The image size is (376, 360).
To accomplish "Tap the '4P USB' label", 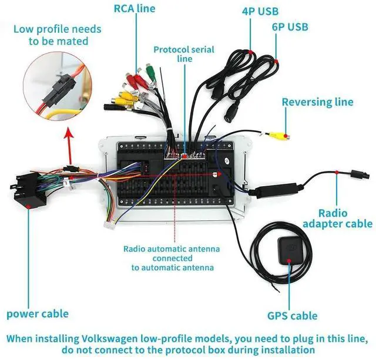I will pos(260,11).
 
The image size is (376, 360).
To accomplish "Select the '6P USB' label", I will pos(290,27).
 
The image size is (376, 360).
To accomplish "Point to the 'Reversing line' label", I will pos(317,102).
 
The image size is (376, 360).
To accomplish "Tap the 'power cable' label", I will pos(38,314).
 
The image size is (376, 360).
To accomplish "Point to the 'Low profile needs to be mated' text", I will pos(57,35).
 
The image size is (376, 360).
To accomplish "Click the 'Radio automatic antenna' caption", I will pos(172,258).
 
